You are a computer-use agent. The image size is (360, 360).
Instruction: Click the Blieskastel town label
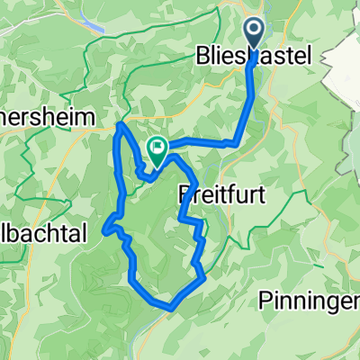[254, 57]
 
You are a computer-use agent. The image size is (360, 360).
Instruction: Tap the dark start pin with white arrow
[255, 34]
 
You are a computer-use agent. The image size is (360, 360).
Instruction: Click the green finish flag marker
[157, 149]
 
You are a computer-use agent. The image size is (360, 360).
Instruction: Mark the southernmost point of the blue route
[170, 309]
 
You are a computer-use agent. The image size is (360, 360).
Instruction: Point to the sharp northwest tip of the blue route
[120, 125]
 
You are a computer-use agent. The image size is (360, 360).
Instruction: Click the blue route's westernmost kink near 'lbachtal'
[105, 229]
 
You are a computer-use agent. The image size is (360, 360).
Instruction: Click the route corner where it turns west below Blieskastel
[237, 141]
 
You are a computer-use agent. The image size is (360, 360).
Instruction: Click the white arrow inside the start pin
[255, 31]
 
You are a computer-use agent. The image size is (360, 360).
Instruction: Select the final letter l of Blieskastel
[308, 57]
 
